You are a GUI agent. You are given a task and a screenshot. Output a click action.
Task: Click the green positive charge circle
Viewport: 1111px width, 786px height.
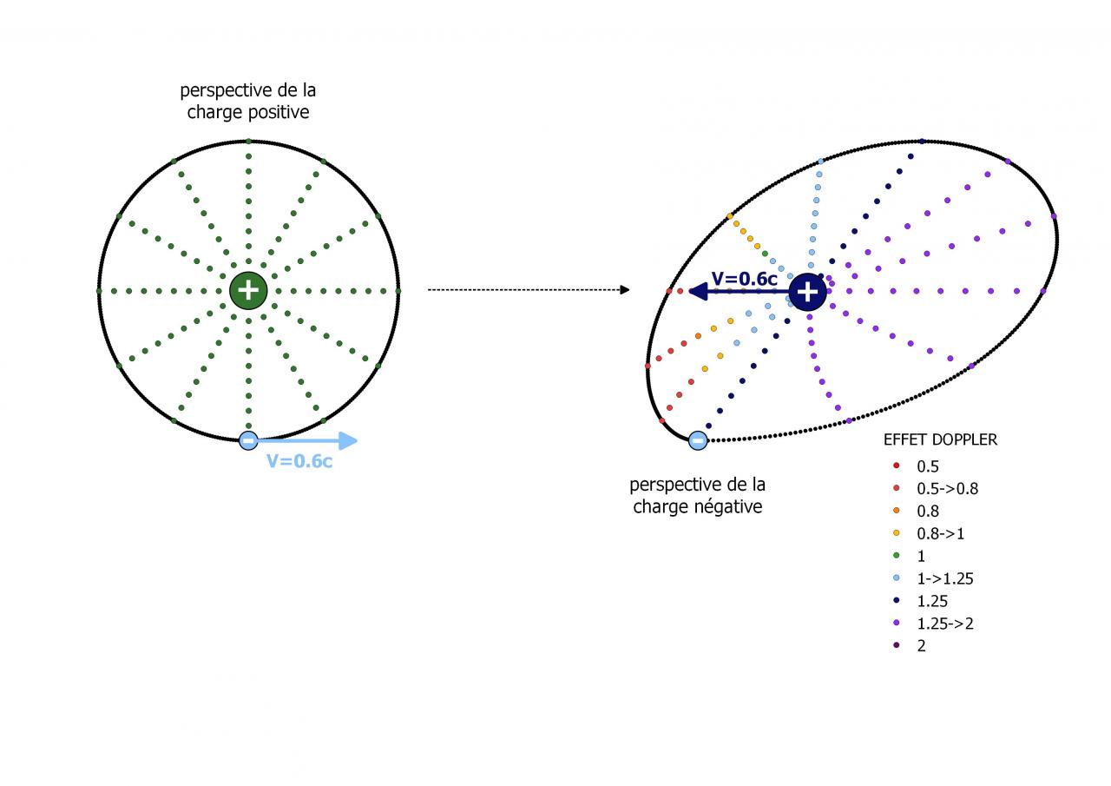[x=248, y=290]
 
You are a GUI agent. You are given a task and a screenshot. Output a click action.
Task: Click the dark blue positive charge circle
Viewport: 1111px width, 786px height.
[x=807, y=292]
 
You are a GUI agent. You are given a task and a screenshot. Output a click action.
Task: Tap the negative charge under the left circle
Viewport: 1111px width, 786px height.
[x=248, y=440]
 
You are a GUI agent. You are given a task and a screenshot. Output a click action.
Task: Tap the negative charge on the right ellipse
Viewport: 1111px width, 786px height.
[x=697, y=441]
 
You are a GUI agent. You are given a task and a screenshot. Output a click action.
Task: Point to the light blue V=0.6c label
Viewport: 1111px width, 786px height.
[x=299, y=461]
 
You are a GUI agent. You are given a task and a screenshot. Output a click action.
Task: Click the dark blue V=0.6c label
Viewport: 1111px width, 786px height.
[x=745, y=279]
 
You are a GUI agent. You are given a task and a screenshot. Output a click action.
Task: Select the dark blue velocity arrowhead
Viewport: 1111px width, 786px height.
[x=696, y=292]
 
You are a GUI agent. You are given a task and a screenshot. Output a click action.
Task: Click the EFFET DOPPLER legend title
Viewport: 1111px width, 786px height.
[x=940, y=439]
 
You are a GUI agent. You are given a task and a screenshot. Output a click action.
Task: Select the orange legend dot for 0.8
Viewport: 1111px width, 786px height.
[x=896, y=512]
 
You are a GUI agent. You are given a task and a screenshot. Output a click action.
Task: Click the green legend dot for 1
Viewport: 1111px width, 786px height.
[x=896, y=556]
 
